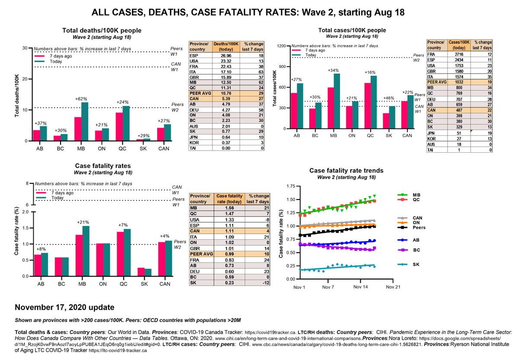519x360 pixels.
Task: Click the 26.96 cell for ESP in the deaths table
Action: point(227,55)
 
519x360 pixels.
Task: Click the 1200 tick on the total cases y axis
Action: point(282,46)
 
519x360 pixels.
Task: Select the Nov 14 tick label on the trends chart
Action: point(360,287)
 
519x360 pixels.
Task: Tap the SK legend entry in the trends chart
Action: point(416,264)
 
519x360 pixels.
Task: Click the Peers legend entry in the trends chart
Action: point(419,227)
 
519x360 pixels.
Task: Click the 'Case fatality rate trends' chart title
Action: point(346,170)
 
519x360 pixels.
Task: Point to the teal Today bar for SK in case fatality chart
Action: point(148,272)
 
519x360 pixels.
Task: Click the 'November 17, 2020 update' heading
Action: point(64,307)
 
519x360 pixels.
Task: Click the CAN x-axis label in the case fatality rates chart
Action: point(165,284)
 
